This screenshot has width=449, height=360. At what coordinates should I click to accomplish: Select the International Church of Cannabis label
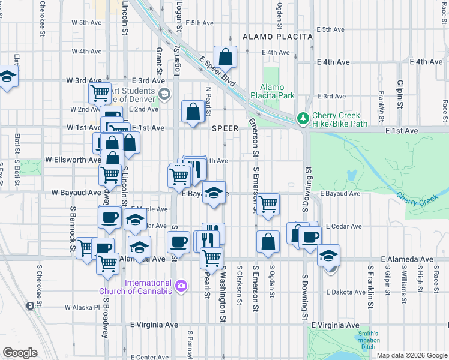tap(148, 287)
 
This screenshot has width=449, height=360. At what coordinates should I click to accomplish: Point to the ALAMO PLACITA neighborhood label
tap(278, 37)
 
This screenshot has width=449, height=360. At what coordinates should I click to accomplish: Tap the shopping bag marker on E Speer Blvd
tap(226, 58)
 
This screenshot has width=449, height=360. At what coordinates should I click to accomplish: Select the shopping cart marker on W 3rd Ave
tap(100, 93)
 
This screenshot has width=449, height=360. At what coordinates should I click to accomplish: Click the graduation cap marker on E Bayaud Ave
tap(214, 193)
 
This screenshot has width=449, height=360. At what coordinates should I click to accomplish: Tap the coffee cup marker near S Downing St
tap(310, 237)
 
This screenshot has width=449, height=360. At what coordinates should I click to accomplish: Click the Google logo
tap(20, 353)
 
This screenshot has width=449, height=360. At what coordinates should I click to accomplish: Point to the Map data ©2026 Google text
tap(411, 355)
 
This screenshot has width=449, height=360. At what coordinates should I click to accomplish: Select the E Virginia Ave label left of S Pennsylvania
tap(154, 325)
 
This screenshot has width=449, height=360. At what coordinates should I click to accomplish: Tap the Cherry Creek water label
tap(418, 198)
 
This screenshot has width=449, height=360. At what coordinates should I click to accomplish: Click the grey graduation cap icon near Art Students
tap(164, 94)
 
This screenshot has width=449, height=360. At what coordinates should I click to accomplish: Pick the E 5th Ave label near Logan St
tap(200, 23)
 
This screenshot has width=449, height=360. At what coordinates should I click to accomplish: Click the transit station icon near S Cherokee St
tap(29, 305)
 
